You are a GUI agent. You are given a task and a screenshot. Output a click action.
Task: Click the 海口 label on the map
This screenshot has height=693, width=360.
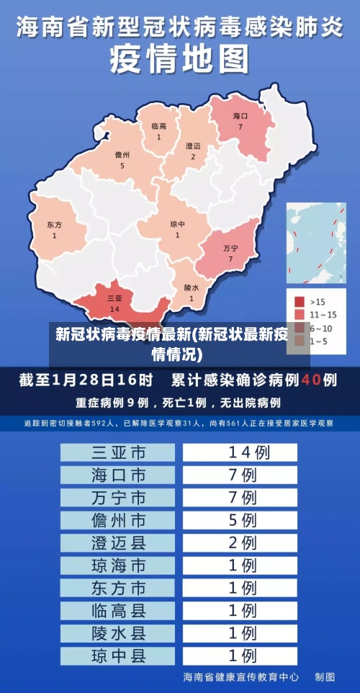(x=240, y=116)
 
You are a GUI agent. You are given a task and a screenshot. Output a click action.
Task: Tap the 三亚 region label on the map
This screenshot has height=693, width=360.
(x=114, y=298)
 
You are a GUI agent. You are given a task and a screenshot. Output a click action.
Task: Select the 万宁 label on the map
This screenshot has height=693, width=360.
(x=230, y=248)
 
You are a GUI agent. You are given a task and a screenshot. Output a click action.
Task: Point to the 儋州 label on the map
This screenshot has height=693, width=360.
(x=122, y=155)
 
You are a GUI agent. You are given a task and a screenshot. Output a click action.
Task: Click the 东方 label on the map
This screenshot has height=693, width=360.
(x=54, y=225)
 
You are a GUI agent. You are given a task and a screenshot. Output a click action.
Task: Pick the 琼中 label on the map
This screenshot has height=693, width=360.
(x=177, y=224)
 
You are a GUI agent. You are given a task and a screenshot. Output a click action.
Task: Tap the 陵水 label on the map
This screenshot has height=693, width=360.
(x=191, y=287)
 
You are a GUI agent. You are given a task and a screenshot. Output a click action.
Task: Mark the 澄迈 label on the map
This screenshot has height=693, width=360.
(x=193, y=146)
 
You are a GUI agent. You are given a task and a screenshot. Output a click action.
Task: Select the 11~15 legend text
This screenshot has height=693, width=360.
(x=323, y=314)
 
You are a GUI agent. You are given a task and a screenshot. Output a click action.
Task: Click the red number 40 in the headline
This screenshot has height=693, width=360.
(x=310, y=379)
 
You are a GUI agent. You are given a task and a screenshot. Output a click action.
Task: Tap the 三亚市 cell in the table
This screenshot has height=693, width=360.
(x=118, y=452)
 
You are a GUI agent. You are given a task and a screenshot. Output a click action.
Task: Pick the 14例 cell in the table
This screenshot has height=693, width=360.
(x=240, y=452)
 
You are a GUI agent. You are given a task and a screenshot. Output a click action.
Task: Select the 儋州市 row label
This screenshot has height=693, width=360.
(x=118, y=519)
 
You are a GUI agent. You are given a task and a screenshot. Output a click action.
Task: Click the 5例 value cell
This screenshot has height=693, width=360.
(x=240, y=519)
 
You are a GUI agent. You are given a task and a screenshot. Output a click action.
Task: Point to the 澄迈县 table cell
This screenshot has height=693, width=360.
(x=118, y=542)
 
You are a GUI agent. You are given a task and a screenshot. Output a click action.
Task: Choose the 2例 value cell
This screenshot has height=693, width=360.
(x=240, y=542)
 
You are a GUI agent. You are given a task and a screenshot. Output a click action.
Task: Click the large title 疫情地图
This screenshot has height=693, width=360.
(x=180, y=59)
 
